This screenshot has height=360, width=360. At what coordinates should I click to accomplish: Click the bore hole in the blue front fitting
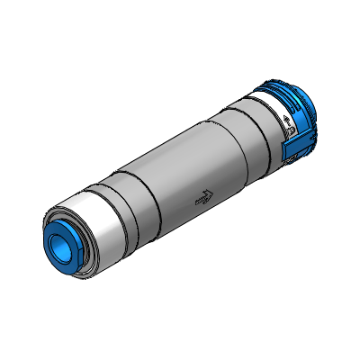pos(64,241)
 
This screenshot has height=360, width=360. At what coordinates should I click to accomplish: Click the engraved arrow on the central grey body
pos(206,199)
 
